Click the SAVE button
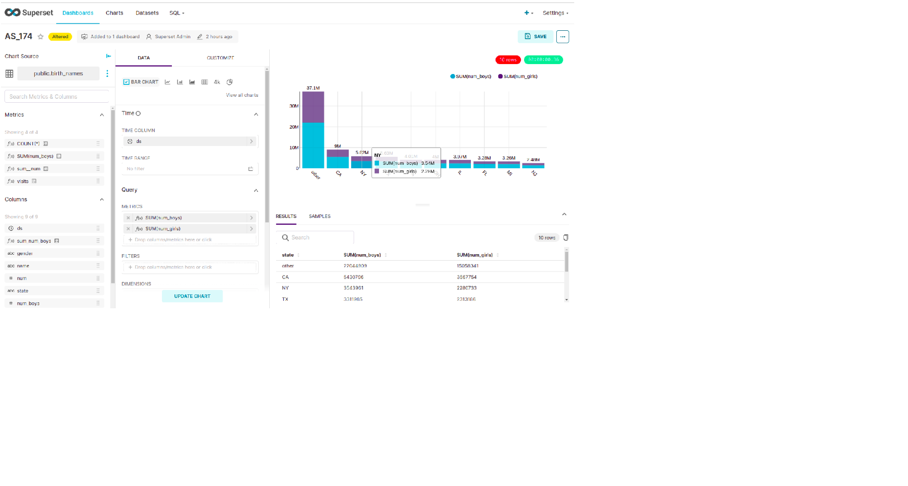tap(535, 37)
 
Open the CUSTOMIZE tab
tap(220, 58)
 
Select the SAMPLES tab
tap(319, 216)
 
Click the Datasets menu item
tap(147, 13)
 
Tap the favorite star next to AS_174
tap(41, 37)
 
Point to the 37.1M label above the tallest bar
tap(313, 88)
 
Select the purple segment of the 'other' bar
tap(313, 107)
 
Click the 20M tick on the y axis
tap(294, 127)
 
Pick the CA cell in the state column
tap(285, 277)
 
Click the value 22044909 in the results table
tap(355, 266)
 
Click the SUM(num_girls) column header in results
tap(475, 255)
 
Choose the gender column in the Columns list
tap(25, 253)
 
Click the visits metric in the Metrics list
tap(23, 181)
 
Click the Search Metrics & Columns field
tap(56, 97)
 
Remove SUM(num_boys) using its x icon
tap(128, 218)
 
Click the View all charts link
tap(242, 95)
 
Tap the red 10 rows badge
tap(508, 60)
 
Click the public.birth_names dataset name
tap(59, 73)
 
